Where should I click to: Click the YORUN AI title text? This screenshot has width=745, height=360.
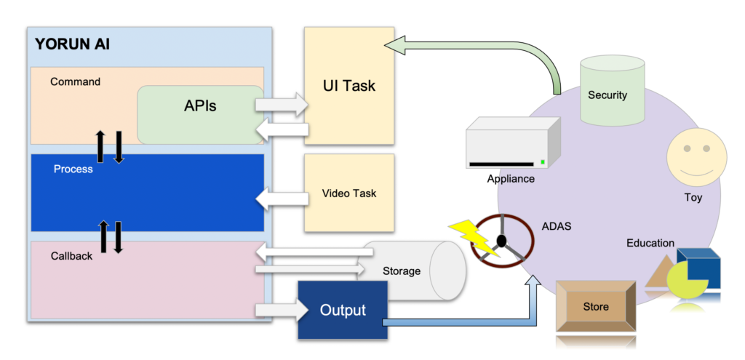click(73, 44)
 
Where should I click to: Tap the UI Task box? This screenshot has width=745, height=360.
click(349, 86)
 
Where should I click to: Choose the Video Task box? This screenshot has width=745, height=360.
click(349, 193)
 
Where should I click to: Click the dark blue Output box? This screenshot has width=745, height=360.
click(343, 310)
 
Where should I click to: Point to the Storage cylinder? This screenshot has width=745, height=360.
click(415, 271)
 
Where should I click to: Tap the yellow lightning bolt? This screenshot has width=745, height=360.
click(474, 236)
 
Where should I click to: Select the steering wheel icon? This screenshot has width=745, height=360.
click(503, 241)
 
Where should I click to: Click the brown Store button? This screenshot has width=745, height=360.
click(596, 307)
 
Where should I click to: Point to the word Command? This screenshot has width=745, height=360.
click(75, 81)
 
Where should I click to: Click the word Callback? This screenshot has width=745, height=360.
click(71, 256)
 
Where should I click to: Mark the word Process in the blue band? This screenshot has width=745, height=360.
click(73, 169)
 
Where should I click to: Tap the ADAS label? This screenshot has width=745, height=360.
click(557, 226)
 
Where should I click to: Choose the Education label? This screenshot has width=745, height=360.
click(650, 243)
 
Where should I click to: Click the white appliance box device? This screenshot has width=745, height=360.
click(514, 143)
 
